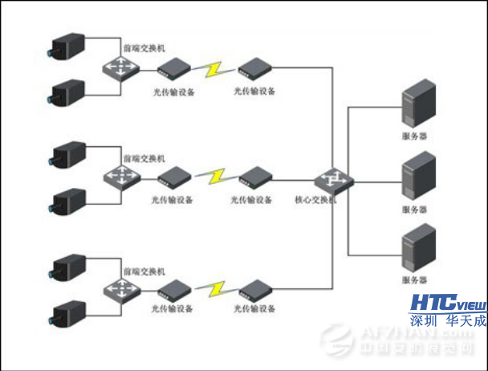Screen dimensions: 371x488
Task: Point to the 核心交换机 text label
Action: coord(315,201)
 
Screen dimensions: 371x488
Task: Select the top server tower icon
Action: coord(417,104)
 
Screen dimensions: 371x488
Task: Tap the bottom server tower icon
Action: coord(417,250)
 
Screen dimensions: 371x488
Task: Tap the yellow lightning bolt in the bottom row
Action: coord(214,287)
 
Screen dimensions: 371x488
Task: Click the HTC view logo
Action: coord(449,303)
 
